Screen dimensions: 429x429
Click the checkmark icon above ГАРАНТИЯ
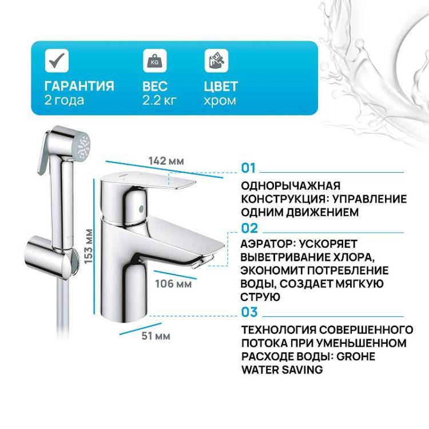click(x=57, y=61)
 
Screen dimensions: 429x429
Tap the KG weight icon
click(x=155, y=61)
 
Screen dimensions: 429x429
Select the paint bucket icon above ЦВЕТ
click(x=216, y=61)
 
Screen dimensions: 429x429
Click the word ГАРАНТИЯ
click(x=80, y=86)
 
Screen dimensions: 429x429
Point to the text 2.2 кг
click(x=159, y=101)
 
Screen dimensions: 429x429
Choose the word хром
click(x=220, y=101)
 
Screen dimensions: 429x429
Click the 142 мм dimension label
click(x=166, y=161)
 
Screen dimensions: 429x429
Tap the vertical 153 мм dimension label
click(x=88, y=247)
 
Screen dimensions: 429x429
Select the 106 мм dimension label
click(x=173, y=284)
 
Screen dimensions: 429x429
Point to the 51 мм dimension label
click(x=156, y=336)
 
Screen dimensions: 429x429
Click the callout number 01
click(x=248, y=168)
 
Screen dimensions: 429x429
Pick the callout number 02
click(x=249, y=228)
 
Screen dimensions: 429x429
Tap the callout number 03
click(x=249, y=312)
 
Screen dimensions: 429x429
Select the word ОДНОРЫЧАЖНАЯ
click(x=291, y=186)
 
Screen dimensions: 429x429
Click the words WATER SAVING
click(x=283, y=370)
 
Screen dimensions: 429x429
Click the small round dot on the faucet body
click(x=141, y=209)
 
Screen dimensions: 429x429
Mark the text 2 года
click(x=64, y=100)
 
